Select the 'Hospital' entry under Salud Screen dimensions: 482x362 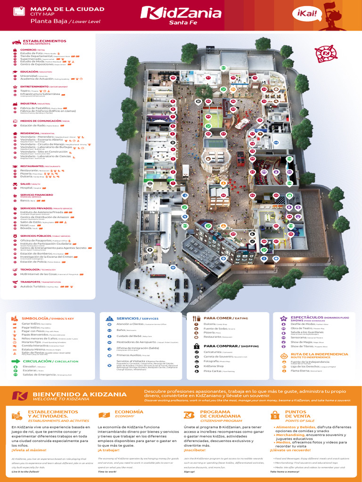point(30,188)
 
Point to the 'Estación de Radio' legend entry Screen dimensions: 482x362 point(33,126)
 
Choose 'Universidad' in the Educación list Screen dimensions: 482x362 point(29,75)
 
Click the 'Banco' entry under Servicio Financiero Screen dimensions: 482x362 point(26,201)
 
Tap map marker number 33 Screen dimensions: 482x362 point(208,116)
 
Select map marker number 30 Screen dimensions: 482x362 point(223,195)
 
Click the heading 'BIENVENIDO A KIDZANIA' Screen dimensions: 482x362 point(79,394)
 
